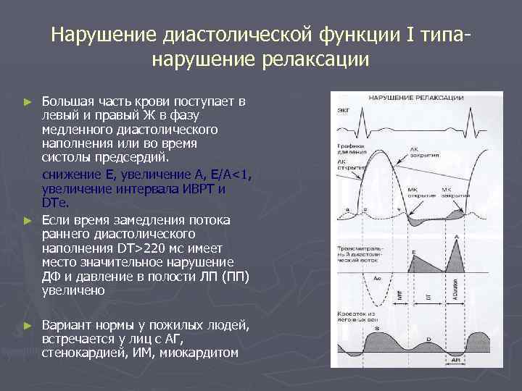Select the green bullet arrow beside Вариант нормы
click(x=28, y=324)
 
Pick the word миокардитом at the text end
click(x=201, y=352)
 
